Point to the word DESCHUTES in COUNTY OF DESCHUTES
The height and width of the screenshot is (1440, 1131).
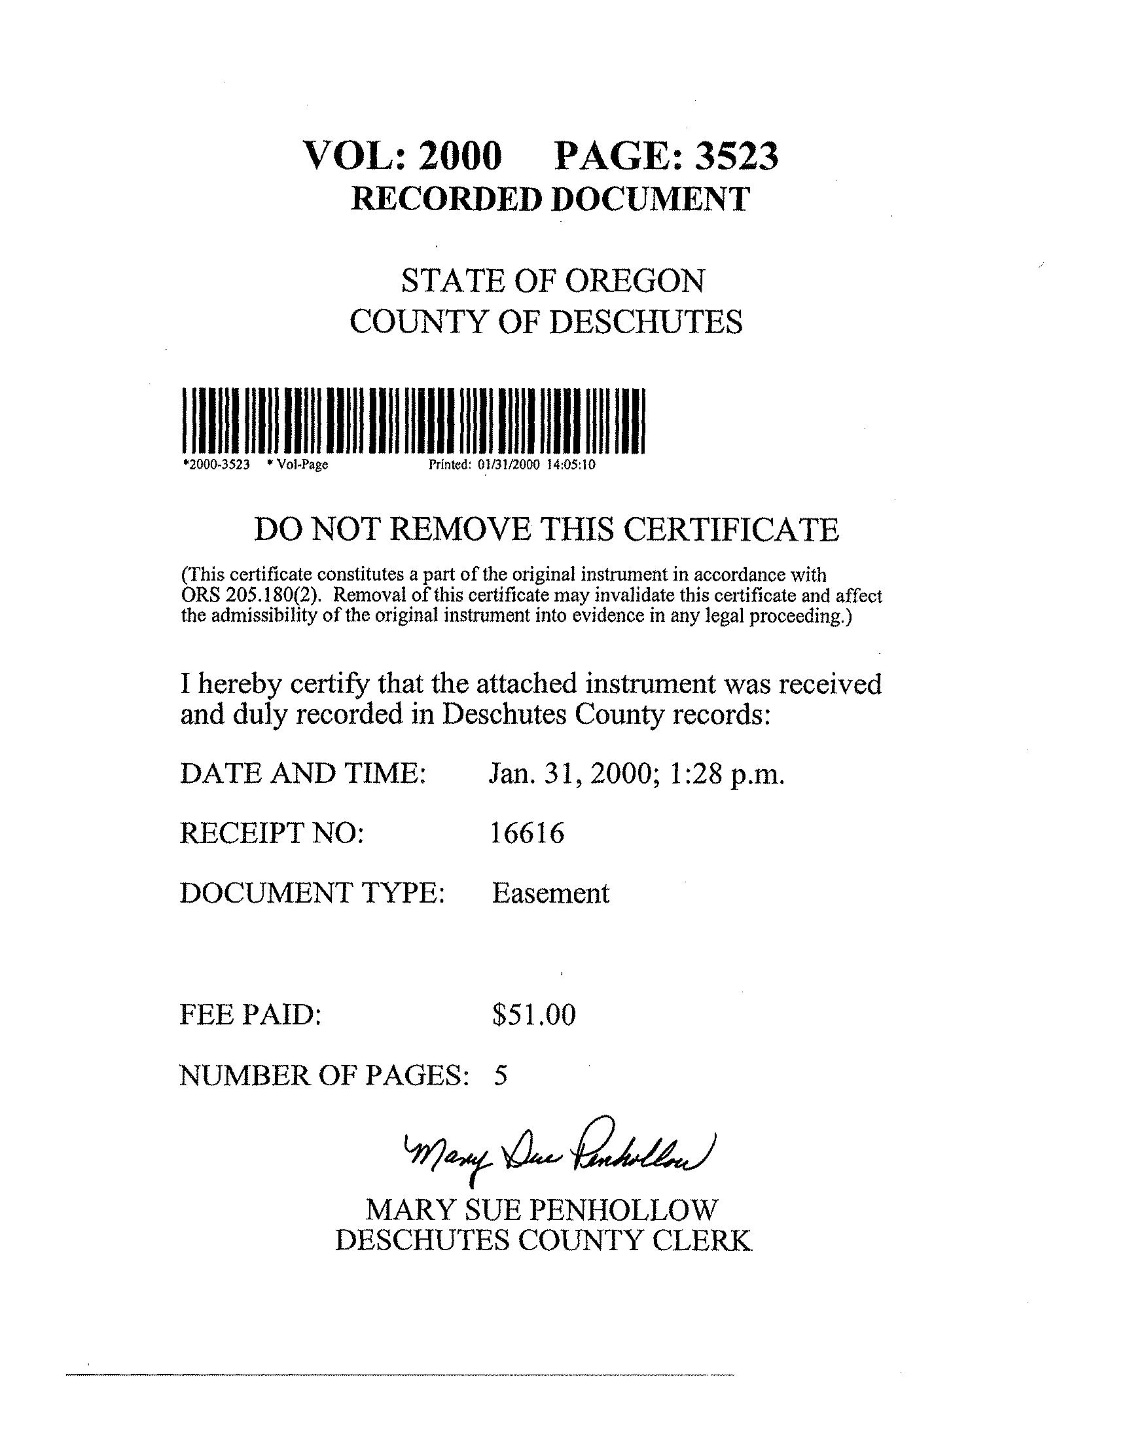coord(645,323)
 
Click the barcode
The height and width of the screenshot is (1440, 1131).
coord(412,421)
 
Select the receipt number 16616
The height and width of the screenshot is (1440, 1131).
coord(527,833)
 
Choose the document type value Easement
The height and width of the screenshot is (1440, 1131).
coord(550,893)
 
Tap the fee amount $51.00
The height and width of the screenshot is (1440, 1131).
coord(533,1015)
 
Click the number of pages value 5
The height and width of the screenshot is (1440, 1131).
coord(501,1075)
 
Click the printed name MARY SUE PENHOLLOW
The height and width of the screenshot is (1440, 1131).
coord(542,1210)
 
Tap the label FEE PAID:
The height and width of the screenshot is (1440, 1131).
coord(250,1015)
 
